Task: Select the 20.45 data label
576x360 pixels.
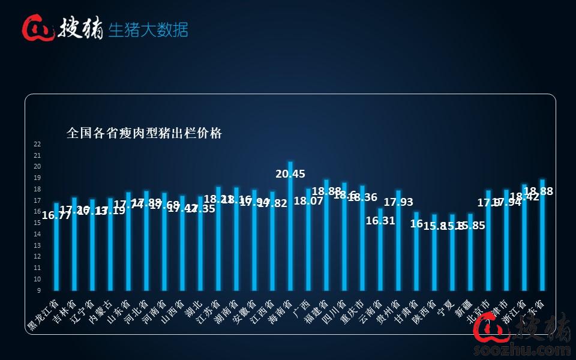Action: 290,174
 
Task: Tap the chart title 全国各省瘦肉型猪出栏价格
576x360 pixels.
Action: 144,133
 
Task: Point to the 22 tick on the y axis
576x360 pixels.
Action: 37,144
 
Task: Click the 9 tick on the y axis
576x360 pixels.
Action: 38,290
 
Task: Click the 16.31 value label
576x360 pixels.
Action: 380,220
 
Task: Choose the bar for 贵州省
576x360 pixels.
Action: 398,240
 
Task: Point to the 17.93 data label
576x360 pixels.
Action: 398,202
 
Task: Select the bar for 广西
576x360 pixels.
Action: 308,240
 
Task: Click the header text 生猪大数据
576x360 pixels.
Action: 148,29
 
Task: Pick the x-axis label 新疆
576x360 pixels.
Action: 461,307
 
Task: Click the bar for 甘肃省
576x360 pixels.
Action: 416,252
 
